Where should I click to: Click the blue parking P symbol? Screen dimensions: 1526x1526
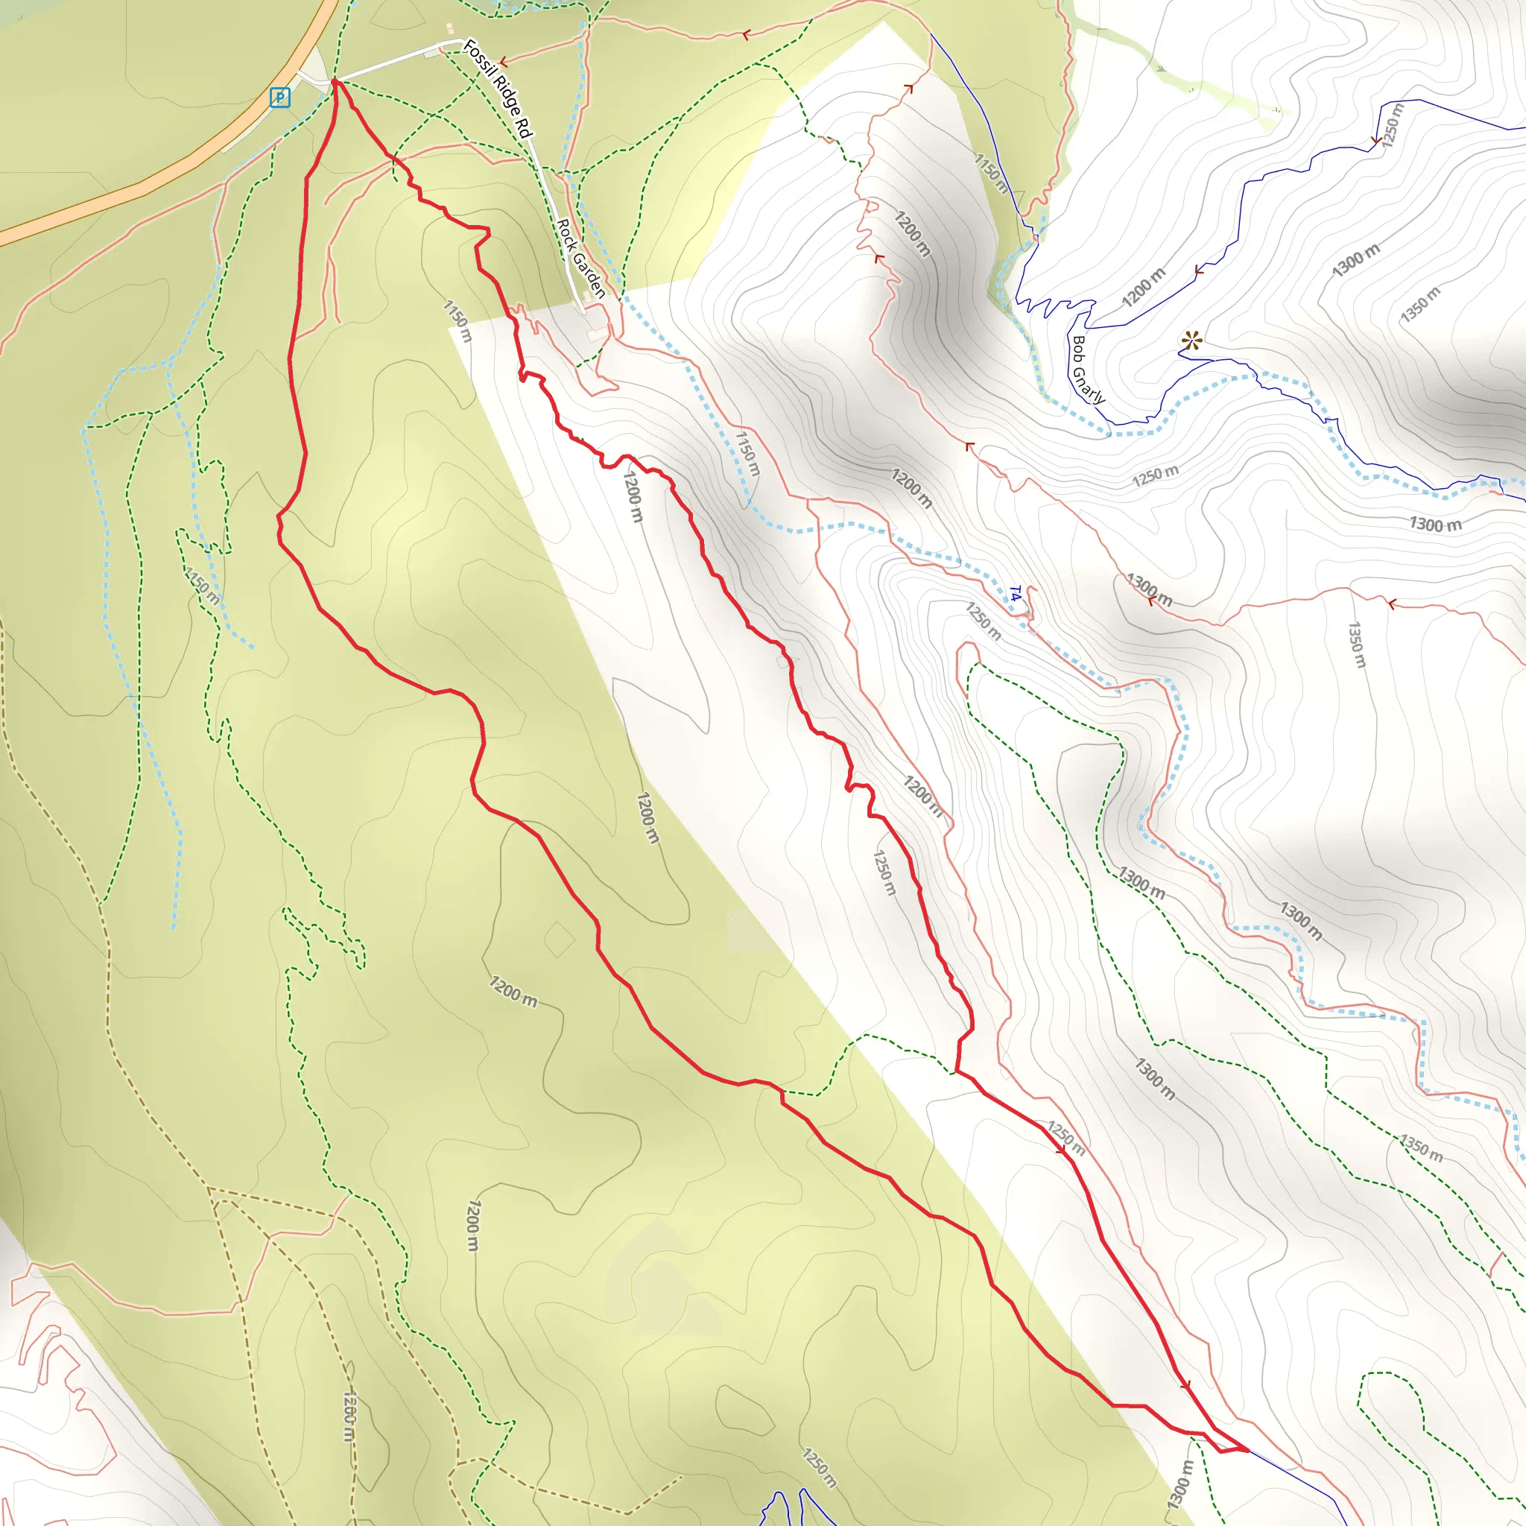pyautogui.click(x=279, y=97)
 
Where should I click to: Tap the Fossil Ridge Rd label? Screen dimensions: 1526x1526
pyautogui.click(x=498, y=88)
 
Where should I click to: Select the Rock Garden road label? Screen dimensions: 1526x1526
pyautogui.click(x=580, y=259)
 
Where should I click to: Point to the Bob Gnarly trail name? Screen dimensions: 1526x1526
pyautogui.click(x=1087, y=369)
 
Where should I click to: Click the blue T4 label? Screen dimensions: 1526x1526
pyautogui.click(x=1016, y=592)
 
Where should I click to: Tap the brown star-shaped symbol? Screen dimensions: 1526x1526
pyautogui.click(x=1192, y=341)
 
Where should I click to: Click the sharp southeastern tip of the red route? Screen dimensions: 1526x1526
pyautogui.click(x=1248, y=1450)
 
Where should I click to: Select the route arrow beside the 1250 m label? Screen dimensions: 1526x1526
pyautogui.click(x=1061, y=1150)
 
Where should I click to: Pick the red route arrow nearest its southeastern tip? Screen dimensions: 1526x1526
pyautogui.click(x=1185, y=1385)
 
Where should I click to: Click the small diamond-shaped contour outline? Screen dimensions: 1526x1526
pyautogui.click(x=560, y=939)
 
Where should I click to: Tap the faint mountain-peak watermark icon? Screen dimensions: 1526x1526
pyautogui.click(x=662, y=1283)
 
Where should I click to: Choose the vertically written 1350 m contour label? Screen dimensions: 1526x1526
pyautogui.click(x=1355, y=645)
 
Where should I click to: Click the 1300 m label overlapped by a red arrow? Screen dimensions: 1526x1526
pyautogui.click(x=1148, y=589)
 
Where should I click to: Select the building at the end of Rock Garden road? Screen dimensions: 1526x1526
pyautogui.click(x=598, y=335)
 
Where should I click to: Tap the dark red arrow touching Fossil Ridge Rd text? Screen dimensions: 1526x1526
pyautogui.click(x=502, y=62)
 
